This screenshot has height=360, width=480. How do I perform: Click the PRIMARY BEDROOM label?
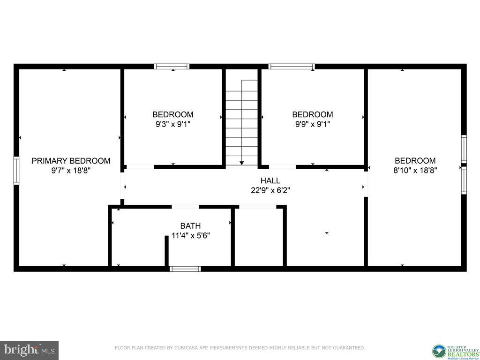pyautogui.click(x=71, y=161)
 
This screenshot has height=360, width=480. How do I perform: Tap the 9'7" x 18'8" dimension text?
pyautogui.click(x=71, y=171)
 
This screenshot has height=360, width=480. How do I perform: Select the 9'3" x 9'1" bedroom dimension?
pyautogui.click(x=173, y=124)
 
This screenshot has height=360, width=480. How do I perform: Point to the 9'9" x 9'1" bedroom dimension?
pyautogui.click(x=313, y=124)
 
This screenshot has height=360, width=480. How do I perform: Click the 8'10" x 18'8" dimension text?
pyautogui.click(x=415, y=171)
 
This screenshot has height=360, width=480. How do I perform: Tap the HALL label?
pyautogui.click(x=270, y=180)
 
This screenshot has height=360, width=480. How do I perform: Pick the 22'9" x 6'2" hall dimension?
pyautogui.click(x=270, y=190)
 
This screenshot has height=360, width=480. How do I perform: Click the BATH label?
pyautogui.click(x=190, y=226)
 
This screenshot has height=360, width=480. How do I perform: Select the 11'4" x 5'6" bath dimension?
pyautogui.click(x=190, y=236)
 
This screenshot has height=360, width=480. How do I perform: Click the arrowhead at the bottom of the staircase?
pyautogui.click(x=242, y=163)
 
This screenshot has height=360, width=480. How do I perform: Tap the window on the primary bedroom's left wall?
pyautogui.click(x=16, y=171)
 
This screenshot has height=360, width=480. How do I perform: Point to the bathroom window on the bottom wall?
pyautogui.click(x=185, y=269)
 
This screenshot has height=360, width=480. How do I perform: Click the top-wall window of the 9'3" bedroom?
pyautogui.click(x=172, y=67)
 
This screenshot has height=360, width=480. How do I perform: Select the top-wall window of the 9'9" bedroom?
pyautogui.click(x=292, y=67)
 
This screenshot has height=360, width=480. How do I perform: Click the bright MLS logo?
pyautogui.click(x=29, y=350)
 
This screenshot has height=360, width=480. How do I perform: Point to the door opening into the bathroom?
pyautogui.click(x=185, y=206)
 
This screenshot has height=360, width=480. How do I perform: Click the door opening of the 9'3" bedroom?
pyautogui.click(x=140, y=166)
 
